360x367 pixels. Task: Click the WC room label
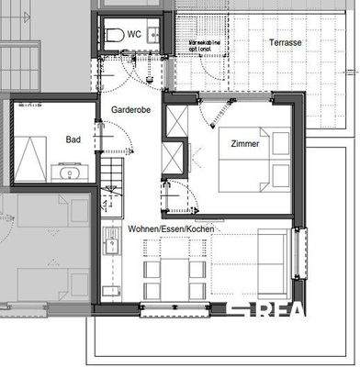coord(134,34)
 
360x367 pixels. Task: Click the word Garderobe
coord(130,109)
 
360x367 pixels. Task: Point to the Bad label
coord(73,140)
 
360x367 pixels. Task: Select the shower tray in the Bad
coord(30,159)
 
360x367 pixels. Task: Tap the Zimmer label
coord(244,144)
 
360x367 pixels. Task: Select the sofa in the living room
coord(273,266)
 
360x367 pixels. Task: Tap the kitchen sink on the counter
coord(112,246)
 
